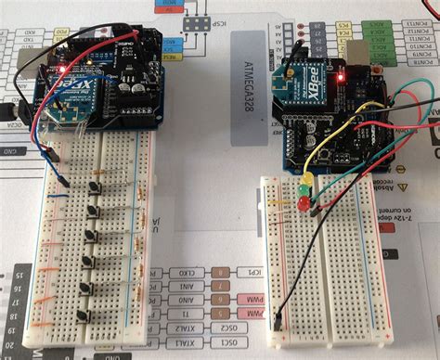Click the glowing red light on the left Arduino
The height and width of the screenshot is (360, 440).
(x=62, y=69)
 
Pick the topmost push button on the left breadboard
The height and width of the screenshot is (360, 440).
(x=96, y=188)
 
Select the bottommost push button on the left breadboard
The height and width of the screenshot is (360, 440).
(x=85, y=316)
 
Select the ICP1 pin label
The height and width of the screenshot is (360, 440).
(x=223, y=273)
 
